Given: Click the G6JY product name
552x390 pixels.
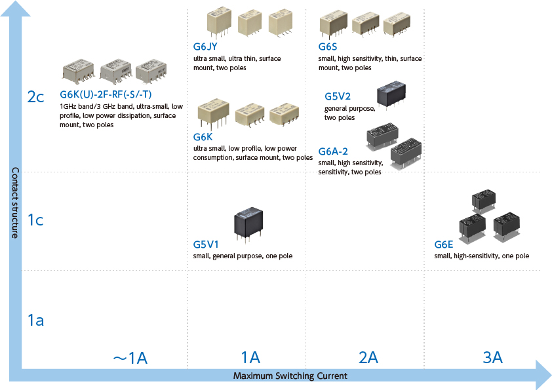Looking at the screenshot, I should coord(205,47).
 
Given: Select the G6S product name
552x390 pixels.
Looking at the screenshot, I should coord(328,47).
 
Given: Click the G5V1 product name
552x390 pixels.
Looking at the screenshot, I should coord(206,244).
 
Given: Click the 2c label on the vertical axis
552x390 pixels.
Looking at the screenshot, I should coord(35,97).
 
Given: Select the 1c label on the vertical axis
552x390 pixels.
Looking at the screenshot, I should coord(35,220).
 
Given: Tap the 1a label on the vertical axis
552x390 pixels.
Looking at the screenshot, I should coord(35,321).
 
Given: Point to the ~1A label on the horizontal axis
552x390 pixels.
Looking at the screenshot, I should coord(130,357).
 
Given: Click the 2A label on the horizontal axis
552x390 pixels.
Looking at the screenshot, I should coord(368,357).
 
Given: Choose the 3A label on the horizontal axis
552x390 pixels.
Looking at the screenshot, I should coord(492,357).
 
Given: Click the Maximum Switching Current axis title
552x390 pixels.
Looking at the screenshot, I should coord(290,376).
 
